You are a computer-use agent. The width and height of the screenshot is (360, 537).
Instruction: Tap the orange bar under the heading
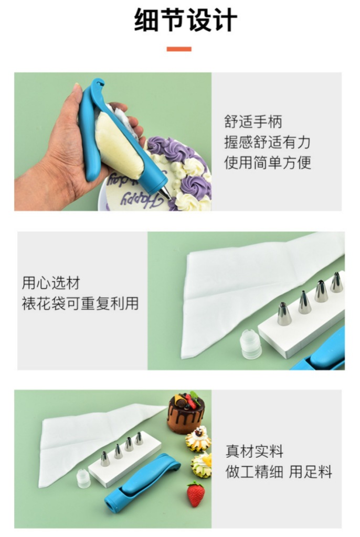tap(179, 49)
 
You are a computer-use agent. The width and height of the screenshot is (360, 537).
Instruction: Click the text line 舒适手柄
tap(253, 122)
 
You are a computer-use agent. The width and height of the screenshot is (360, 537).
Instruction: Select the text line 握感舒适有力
tap(268, 142)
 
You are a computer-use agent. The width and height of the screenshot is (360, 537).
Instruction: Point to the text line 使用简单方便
tap(268, 162)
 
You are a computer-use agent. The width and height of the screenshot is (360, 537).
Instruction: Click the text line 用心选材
tap(51, 283)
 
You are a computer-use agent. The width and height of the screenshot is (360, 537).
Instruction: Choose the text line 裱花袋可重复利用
tap(80, 304)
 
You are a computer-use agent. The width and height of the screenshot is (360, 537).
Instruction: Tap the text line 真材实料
tap(255, 451)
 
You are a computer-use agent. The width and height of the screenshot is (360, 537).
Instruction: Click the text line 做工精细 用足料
tap(279, 471)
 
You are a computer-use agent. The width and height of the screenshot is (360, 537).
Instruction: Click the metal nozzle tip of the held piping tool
tap(164, 192)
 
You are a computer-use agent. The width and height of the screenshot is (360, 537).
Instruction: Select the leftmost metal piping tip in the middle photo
tap(284, 314)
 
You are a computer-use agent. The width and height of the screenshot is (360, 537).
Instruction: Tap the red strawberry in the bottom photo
tap(196, 495)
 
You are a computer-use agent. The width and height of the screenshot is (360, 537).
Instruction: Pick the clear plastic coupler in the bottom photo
tap(84, 479)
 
